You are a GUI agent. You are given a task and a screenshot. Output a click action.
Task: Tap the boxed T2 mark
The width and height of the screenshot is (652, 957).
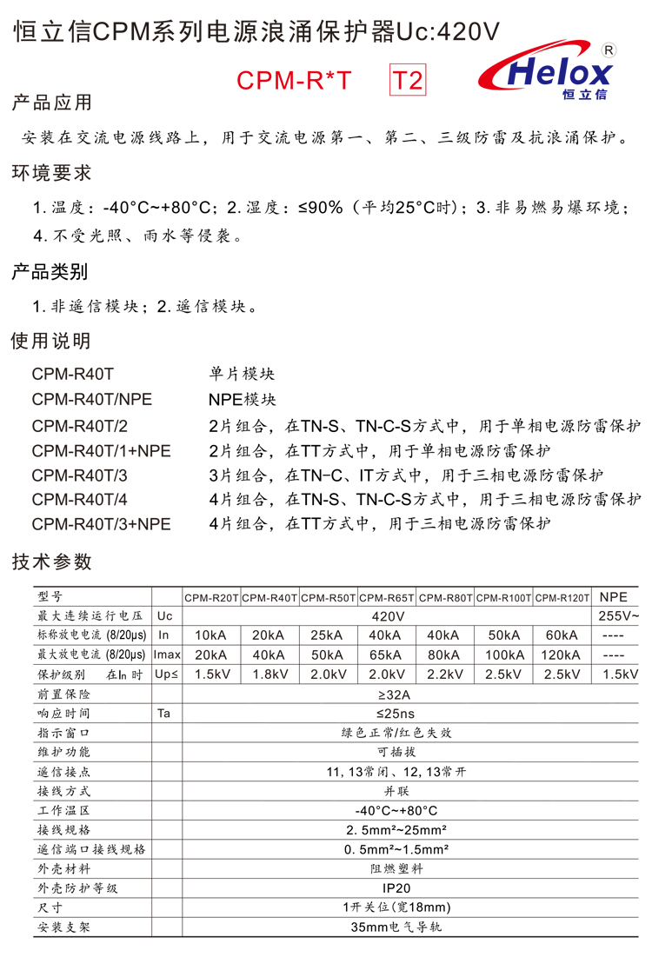pos(407,81)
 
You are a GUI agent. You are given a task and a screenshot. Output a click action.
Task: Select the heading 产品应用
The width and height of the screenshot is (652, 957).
pos(51,103)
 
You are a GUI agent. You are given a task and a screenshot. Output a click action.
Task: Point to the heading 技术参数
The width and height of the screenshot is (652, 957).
pos(51,562)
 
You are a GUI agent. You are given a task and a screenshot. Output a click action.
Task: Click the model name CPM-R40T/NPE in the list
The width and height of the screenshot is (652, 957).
pos(92,399)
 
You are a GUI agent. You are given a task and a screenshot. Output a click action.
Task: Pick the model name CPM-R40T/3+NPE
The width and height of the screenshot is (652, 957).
pos(101,524)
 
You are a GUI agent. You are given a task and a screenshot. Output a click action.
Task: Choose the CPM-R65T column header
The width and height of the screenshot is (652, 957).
pos(387,598)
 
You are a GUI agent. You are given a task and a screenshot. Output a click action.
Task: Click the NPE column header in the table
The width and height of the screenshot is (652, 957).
pos(614,597)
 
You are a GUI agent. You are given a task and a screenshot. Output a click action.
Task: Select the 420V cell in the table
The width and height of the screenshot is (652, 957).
pos(387,616)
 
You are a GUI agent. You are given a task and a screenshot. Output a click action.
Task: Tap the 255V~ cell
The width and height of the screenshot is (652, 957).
pos(619,616)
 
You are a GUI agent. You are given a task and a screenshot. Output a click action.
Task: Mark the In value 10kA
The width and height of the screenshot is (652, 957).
pos(211,635)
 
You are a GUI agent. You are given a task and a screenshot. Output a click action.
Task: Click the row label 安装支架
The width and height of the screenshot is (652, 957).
pos(63,927)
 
